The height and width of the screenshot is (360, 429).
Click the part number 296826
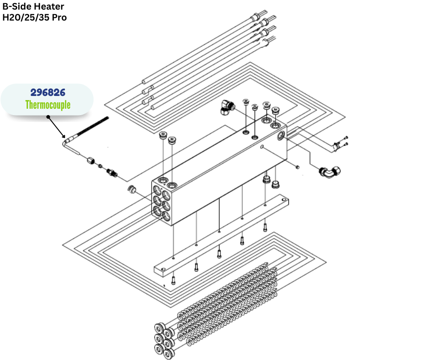point(48,93)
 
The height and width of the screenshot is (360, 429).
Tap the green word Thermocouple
point(48,105)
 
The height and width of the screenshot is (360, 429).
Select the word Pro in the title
point(59,18)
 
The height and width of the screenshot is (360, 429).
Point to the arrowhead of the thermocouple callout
point(65,136)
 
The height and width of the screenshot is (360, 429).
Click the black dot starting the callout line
point(48,116)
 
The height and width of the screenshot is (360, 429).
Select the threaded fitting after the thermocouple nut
point(111,173)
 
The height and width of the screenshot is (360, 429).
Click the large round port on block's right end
point(279,135)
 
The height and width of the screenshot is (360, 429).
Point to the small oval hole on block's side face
point(262,147)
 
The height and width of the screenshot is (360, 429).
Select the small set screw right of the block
point(297,167)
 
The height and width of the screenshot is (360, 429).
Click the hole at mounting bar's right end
point(284,200)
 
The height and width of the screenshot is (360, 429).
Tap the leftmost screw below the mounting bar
point(173,281)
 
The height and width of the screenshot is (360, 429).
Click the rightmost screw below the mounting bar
point(265,226)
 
